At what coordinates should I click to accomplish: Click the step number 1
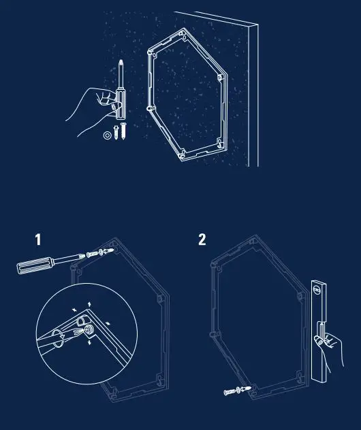pos(38,239)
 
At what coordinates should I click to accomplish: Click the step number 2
pos(202,239)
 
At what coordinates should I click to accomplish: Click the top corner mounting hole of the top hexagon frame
pos(185,31)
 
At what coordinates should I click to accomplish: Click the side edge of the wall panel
pos(253,95)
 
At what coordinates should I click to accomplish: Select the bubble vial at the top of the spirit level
pos(317,288)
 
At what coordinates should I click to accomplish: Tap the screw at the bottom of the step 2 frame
pos(235,391)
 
